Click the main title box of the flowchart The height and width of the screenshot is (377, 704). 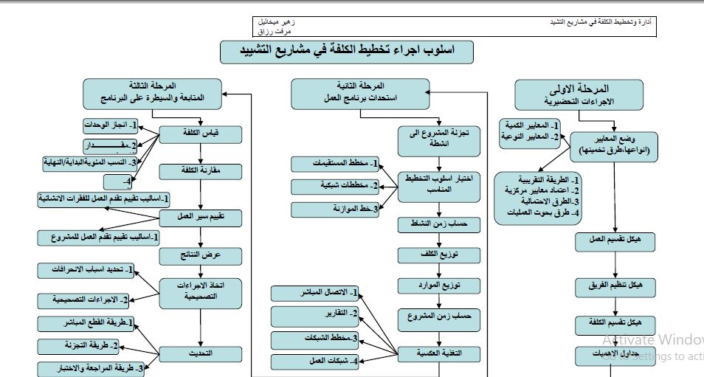(347, 52)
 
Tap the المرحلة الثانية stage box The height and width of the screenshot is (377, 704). (359, 92)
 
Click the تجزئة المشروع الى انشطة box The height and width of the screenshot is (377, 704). (434, 139)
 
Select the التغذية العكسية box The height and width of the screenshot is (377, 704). (433, 354)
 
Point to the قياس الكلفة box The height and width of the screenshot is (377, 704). (201, 134)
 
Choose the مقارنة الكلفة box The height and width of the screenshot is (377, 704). (201, 171)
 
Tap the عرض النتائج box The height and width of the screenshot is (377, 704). (201, 255)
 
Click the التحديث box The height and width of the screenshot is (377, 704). (201, 353)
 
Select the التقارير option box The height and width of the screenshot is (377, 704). (315, 317)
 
